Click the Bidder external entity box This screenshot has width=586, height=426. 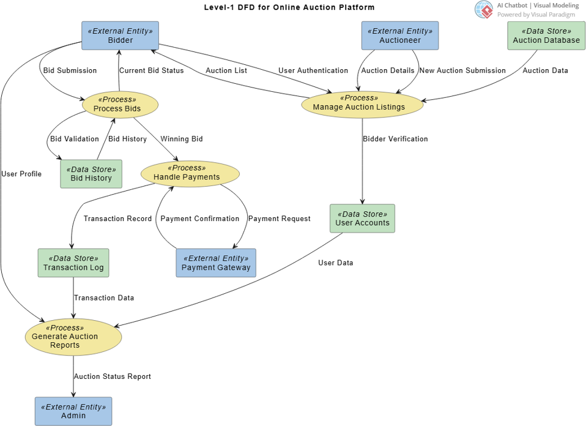121,36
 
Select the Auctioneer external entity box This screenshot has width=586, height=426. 400,36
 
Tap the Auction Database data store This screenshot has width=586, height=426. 546,36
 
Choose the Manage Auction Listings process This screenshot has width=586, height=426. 362,103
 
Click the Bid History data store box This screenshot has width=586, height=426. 91,174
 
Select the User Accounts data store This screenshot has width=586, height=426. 362,219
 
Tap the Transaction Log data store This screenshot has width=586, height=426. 73,263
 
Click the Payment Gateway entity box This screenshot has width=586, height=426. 216,263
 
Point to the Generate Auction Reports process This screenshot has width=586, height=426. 73,337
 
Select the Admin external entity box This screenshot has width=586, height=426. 73,411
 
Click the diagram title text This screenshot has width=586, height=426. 289,7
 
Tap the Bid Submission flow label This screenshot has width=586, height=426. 70,70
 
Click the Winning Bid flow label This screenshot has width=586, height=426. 182,139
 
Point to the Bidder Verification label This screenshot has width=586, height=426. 395,139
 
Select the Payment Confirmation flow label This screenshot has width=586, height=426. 200,219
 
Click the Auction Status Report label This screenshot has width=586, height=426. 113,376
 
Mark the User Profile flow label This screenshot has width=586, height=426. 21,174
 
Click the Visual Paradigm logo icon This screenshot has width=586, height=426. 484,9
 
